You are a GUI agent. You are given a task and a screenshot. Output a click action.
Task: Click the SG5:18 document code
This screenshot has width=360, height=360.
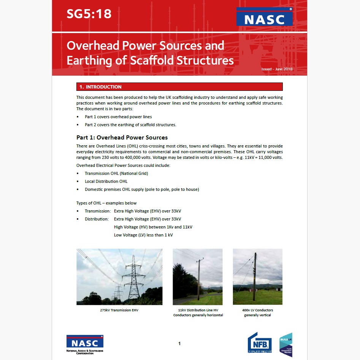[x=89, y=14]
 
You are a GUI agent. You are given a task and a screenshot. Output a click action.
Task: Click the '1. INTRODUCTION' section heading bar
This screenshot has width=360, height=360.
[x=179, y=87]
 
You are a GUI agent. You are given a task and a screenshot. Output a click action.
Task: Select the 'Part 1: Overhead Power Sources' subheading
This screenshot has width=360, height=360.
[x=122, y=137]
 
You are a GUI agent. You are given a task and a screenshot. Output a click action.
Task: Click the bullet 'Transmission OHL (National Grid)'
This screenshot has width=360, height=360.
[x=116, y=173]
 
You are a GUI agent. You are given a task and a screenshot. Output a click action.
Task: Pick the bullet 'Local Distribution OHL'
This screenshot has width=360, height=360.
[x=106, y=181]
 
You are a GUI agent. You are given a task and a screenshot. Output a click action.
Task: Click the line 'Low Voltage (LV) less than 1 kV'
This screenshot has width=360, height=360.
[x=143, y=235]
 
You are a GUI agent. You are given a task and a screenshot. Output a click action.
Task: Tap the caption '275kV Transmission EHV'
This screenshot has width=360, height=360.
[x=119, y=310]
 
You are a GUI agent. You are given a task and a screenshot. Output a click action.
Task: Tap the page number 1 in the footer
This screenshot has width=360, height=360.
[x=179, y=344]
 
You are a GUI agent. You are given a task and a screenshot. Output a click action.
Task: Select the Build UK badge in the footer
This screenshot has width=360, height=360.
[x=286, y=344]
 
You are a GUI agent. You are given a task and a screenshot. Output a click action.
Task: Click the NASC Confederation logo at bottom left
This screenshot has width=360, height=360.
[x=85, y=344]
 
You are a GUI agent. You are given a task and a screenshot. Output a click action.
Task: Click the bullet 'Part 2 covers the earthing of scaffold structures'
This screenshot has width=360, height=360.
[x=130, y=125]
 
